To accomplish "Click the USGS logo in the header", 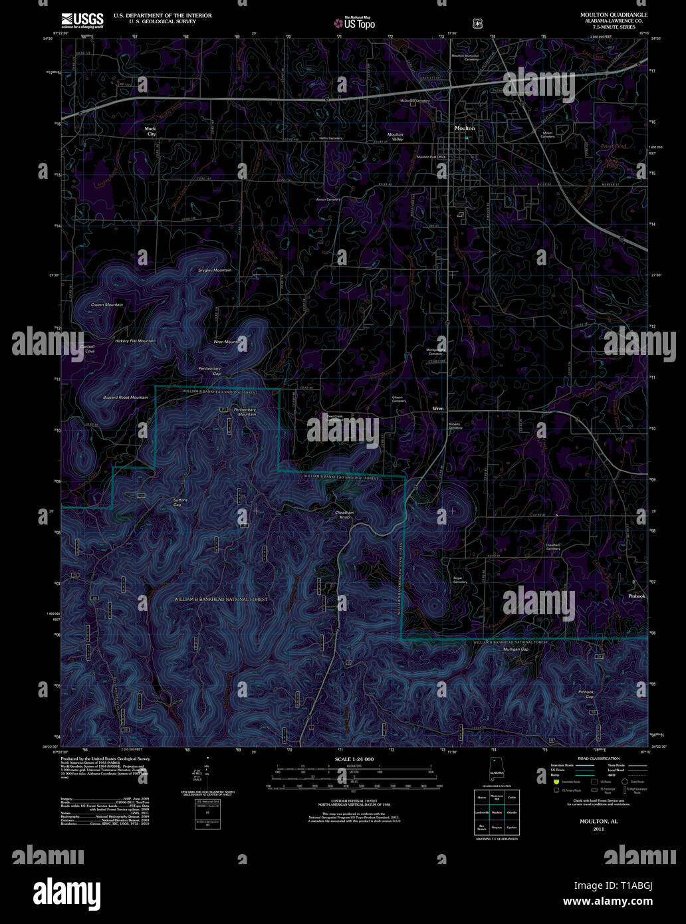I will pos(82,21).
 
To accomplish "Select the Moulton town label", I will pos(465,128).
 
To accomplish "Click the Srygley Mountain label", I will pos(215,271).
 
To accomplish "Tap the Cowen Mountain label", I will pos(107,304).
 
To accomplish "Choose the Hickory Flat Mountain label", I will pos(135,341).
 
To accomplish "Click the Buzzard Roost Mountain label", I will pos(126,398).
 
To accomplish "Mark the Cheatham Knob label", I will pos(345,515).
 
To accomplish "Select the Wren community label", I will pos(438,408).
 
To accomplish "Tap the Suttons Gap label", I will pos(180,503).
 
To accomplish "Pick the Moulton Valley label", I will pos(396,137).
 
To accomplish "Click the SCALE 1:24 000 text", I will pos(354,759).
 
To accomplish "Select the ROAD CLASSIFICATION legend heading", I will pos(599,758).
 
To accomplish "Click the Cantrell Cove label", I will pos(87,349).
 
